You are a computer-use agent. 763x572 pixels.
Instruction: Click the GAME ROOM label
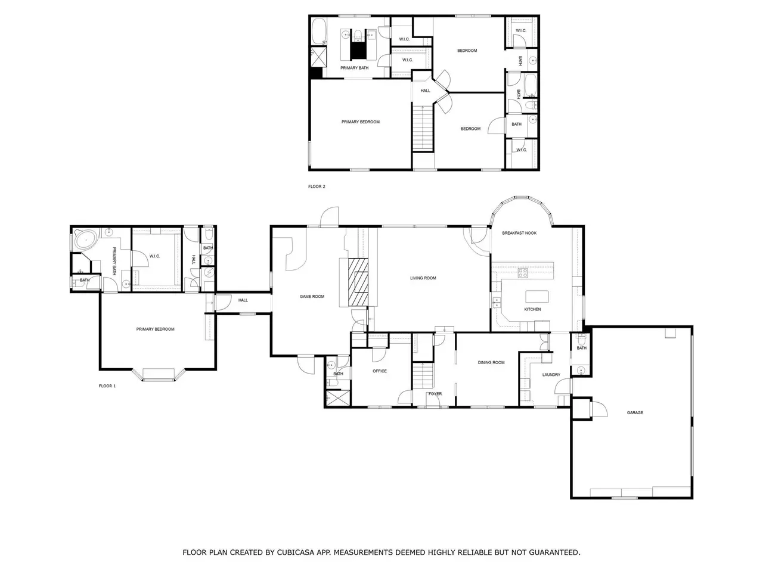coord(312,296)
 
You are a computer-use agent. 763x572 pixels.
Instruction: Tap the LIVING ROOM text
coord(423,278)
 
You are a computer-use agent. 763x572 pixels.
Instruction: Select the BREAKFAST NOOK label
coord(519,233)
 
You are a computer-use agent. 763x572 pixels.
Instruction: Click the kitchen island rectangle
coord(537,297)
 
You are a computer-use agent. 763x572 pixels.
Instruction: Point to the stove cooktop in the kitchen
coord(522,273)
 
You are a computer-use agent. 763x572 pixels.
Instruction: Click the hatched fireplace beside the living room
coord(358,282)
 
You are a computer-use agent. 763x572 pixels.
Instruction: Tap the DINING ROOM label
coord(491,362)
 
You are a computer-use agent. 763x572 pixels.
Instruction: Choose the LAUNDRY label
coord(551,374)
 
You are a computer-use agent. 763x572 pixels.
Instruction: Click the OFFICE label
coord(380,371)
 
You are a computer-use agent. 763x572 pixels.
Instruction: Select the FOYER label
coord(435,393)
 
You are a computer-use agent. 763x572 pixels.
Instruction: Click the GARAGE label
coord(635,412)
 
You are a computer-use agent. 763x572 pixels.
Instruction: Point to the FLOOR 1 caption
coord(107,386)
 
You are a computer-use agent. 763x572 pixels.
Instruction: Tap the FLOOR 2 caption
coord(317,186)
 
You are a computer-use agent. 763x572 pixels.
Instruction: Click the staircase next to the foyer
coord(423,375)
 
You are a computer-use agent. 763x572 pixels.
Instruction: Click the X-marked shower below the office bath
coord(337,397)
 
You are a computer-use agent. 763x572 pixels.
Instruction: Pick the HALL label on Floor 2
coord(425,91)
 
